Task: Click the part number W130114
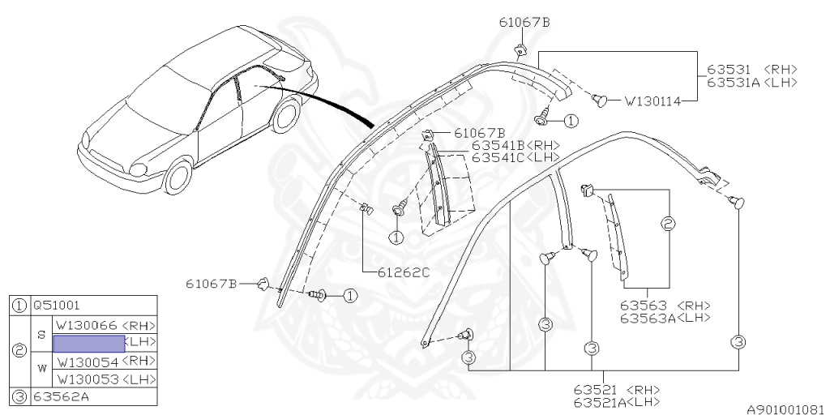click(x=653, y=102)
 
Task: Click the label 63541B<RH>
click(x=516, y=145)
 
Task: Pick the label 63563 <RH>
click(x=665, y=306)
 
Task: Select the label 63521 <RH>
click(x=616, y=390)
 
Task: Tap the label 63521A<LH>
click(x=616, y=402)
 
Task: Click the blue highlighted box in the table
click(x=88, y=343)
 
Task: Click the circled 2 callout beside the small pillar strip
click(x=669, y=224)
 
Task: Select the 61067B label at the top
click(x=524, y=22)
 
